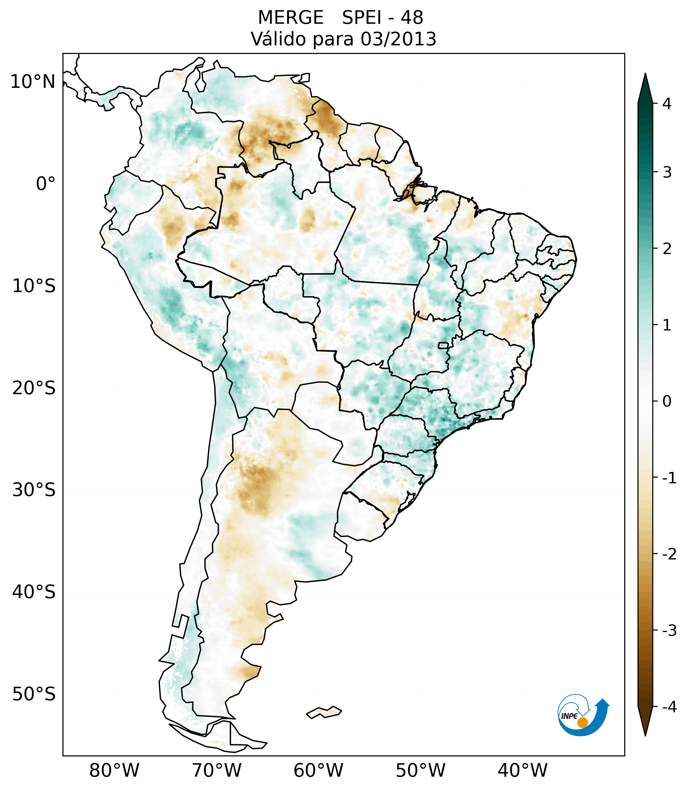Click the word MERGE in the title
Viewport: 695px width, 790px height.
tap(290, 18)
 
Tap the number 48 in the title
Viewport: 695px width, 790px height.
tap(412, 18)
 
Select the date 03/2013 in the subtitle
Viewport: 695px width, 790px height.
tap(398, 39)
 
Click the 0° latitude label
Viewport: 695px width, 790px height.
tap(46, 184)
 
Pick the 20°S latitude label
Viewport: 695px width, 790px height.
tap(34, 388)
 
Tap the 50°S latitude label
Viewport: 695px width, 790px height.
tap(34, 695)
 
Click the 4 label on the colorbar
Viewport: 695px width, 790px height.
tap(667, 104)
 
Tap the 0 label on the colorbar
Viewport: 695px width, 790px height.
tap(667, 402)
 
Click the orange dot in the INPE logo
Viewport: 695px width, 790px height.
tap(582, 722)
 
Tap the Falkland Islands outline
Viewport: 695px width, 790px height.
tap(324, 712)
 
